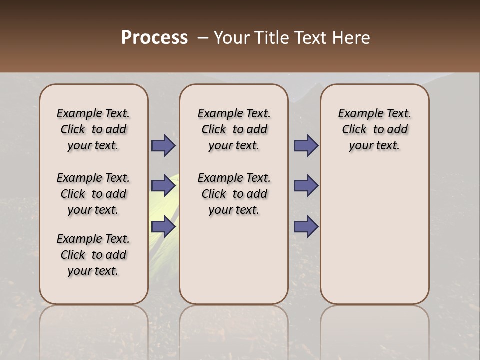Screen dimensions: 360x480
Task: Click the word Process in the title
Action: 154,38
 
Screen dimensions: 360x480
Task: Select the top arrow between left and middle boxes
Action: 163,146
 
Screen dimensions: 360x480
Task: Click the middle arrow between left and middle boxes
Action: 163,186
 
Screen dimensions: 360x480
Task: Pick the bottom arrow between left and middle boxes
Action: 163,227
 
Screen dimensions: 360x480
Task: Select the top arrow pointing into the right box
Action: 306,146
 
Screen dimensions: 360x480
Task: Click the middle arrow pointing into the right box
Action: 306,186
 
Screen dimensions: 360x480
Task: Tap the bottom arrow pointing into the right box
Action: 306,227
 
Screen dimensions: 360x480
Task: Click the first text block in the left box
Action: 93,129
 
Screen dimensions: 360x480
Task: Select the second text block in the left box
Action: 93,194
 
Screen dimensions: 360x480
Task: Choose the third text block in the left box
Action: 93,255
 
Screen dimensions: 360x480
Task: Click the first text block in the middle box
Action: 234,129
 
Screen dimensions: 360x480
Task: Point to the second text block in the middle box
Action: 234,194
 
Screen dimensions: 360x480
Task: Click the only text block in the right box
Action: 374,129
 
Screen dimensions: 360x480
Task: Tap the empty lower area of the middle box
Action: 234,260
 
